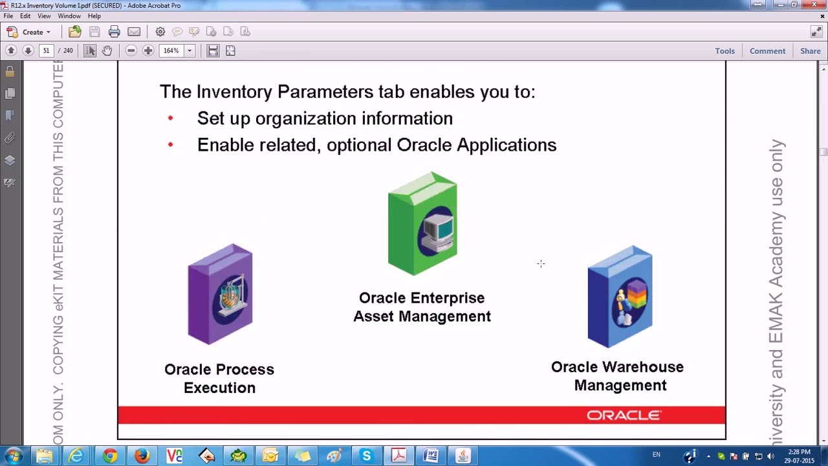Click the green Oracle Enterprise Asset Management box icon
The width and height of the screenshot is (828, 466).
pos(422,224)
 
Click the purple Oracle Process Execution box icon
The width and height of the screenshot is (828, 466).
pos(220,294)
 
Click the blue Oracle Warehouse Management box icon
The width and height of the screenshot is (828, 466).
pos(620,297)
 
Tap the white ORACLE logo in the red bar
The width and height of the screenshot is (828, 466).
pos(624,416)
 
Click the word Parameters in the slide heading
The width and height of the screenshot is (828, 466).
pos(325,92)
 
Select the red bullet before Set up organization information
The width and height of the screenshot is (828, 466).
pos(170,118)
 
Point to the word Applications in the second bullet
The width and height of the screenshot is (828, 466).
pos(507,145)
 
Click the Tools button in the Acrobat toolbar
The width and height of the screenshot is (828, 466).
pos(724,50)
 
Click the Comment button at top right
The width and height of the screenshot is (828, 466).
pos(767,50)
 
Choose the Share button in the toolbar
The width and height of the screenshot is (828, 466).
pos(810,50)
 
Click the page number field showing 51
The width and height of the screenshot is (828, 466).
pos(46,50)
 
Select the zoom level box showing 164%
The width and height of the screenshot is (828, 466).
pos(171,50)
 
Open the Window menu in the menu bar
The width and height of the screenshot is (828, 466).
pos(69,16)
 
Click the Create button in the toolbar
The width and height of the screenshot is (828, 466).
pos(28,32)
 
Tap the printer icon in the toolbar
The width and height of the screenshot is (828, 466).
pos(114,32)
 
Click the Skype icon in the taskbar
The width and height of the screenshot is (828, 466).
pos(366,456)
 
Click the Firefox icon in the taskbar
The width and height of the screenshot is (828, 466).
pos(142,456)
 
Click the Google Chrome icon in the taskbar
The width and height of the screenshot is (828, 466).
pos(109,456)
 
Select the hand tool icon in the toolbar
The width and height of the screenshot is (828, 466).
pos(107,50)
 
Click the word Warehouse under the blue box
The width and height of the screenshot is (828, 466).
pos(640,367)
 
